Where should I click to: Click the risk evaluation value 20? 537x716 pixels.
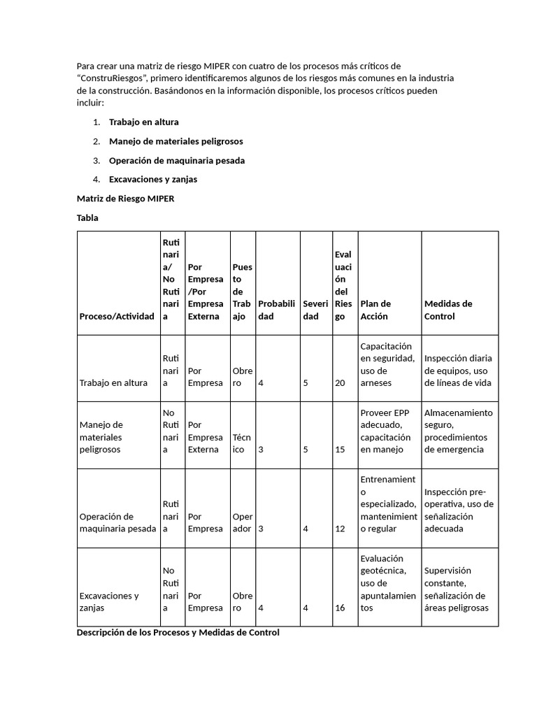pos(340,382)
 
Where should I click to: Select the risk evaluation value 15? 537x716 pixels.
pos(340,450)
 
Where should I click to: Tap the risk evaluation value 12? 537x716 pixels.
pos(340,529)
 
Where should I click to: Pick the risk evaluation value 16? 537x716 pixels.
pos(340,608)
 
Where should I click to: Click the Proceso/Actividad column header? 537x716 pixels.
pos(117,316)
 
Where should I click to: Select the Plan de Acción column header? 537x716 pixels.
pos(375,310)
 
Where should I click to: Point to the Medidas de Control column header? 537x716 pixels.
pos(448,310)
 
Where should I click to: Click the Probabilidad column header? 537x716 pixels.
pos(278,310)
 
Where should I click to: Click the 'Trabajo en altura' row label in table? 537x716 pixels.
pos(113,382)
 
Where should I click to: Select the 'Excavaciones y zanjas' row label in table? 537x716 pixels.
pos(109,601)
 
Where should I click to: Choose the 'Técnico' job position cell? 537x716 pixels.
pos(242,443)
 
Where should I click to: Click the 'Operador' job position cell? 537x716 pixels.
pos(242,522)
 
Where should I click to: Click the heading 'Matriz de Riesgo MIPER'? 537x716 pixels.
pos(125,199)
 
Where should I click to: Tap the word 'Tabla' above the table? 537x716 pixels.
pos(87,217)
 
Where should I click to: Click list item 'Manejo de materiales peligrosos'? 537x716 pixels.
pos(176,141)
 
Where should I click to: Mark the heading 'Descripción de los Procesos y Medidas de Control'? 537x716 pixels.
pos(178,632)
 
